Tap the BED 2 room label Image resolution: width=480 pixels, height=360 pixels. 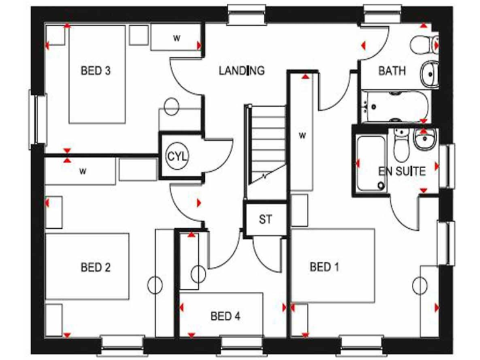coord(96,268)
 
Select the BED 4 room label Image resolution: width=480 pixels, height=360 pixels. coord(225,316)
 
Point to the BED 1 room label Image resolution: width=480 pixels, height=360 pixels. coord(324,268)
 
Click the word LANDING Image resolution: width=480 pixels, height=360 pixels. coord(241,71)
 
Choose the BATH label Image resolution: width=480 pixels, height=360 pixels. coord(392,71)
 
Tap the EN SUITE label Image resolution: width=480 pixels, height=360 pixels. coord(402,171)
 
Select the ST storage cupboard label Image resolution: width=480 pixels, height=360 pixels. coord(266,219)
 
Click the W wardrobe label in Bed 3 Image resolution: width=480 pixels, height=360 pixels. coord(177,38)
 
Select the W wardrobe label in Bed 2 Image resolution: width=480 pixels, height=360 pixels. coord(82,171)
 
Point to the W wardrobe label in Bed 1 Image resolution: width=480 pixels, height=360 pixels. coord(302,134)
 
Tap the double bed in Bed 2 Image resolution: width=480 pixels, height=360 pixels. coord(87,267)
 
